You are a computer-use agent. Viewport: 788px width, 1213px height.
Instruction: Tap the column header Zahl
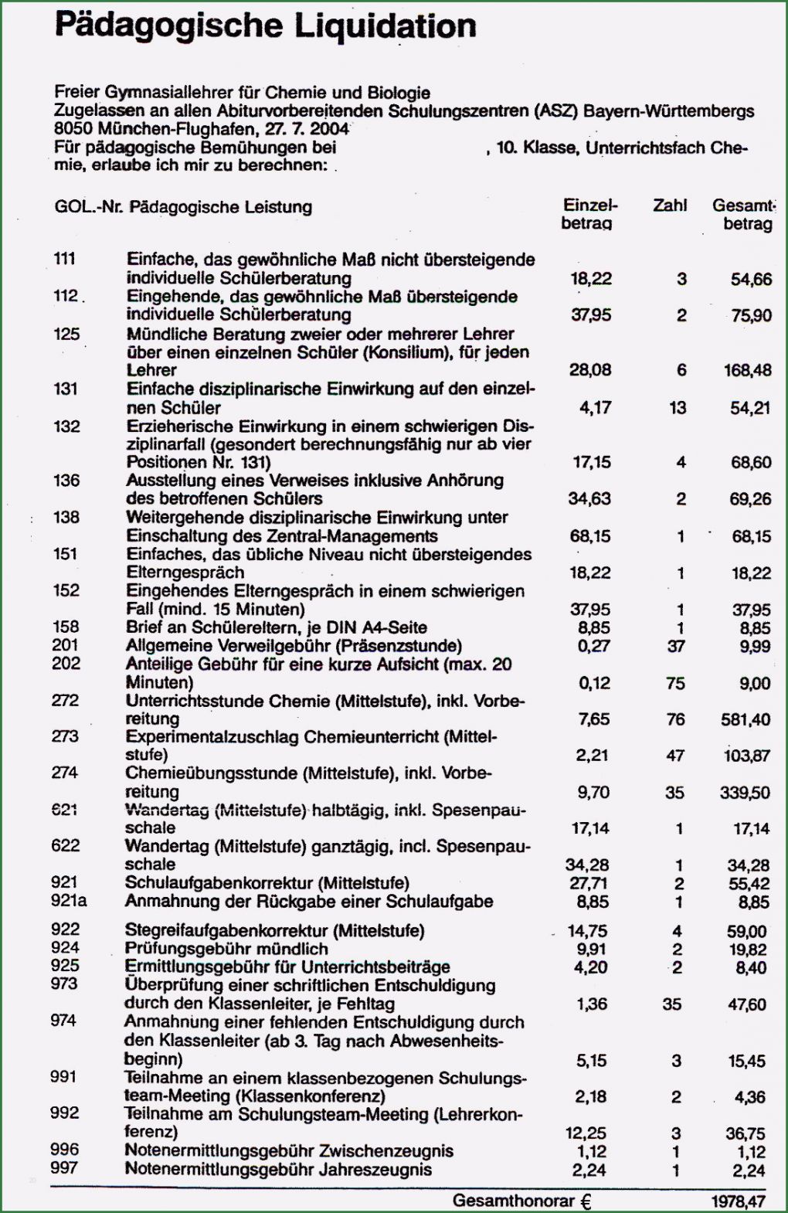pos(670,206)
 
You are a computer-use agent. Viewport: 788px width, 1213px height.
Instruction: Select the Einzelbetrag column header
pos(589,214)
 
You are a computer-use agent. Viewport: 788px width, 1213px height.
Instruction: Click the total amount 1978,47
pos(738,1201)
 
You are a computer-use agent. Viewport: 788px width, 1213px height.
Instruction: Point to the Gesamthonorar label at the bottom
pos(513,1201)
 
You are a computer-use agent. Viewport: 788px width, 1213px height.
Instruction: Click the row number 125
pos(66,334)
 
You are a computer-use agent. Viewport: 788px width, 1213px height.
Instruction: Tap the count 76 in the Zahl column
pos(675,719)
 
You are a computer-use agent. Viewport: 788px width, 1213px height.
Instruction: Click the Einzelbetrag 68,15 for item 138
pos(589,535)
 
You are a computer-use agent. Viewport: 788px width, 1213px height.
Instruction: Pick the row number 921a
pos(69,901)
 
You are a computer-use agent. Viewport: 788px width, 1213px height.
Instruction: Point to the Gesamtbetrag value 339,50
pos(745,792)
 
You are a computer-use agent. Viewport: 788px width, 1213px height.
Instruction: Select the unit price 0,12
pos(594,683)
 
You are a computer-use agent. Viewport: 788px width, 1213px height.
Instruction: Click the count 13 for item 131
pos(678,407)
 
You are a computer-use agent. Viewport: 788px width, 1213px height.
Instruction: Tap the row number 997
pos(64,1167)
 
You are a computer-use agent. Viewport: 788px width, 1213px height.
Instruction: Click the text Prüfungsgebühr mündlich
pos(226,949)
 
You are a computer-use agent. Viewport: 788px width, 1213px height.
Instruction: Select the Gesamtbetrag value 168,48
pos(747,370)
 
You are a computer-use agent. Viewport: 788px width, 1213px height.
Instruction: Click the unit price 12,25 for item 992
pos(586,1133)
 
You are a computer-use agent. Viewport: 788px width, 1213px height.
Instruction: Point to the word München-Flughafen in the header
pos(172,129)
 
